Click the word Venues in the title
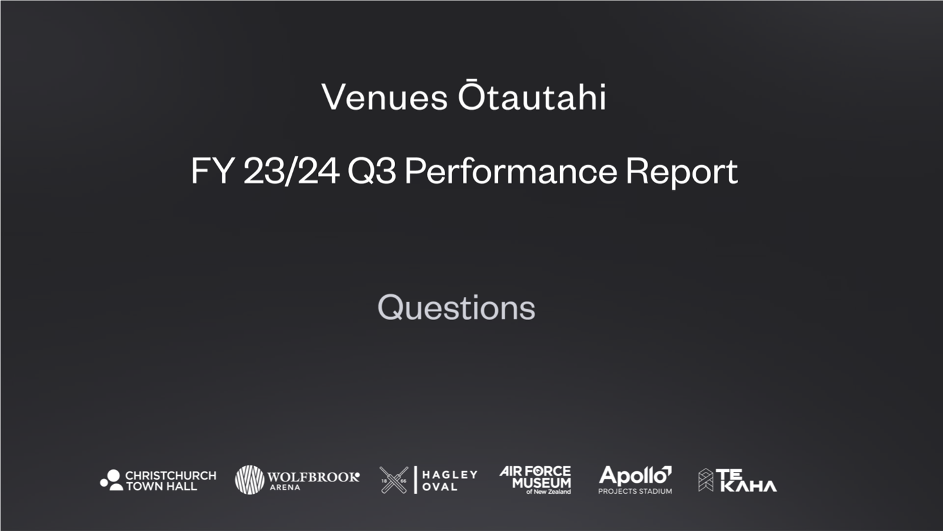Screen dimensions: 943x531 [384, 97]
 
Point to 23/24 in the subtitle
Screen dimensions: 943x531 [292, 171]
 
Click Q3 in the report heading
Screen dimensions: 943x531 [372, 171]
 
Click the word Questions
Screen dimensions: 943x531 [456, 308]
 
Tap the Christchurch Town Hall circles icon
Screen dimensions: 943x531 [112, 480]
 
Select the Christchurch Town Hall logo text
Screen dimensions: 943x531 [171, 480]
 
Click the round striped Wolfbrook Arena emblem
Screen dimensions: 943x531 [250, 480]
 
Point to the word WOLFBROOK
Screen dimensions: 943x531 [313, 477]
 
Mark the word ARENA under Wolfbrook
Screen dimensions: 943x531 [285, 487]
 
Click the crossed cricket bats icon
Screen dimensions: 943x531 [394, 480]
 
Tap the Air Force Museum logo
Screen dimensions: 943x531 [536, 480]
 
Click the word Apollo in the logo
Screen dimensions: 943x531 [635, 476]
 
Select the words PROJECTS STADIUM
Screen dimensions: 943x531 [635, 491]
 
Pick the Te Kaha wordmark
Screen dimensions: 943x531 [746, 480]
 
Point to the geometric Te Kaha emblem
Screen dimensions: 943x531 [706, 480]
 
